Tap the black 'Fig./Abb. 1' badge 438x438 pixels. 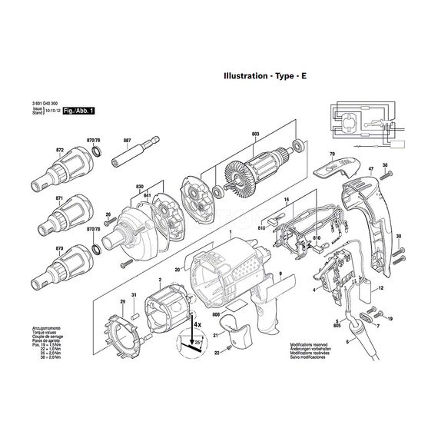[x=80, y=111]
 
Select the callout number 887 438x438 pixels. [x=128, y=141]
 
